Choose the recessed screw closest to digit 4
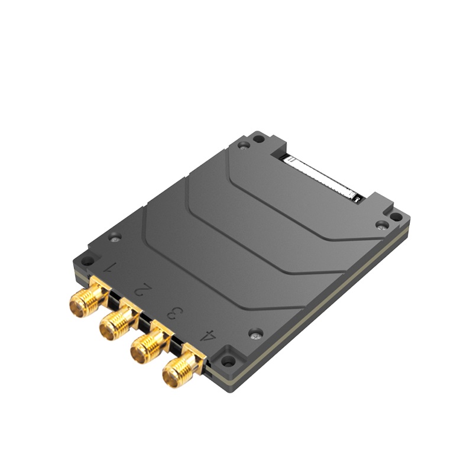(255, 333)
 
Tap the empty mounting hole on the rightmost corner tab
(397, 218)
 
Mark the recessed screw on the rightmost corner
(382, 225)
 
